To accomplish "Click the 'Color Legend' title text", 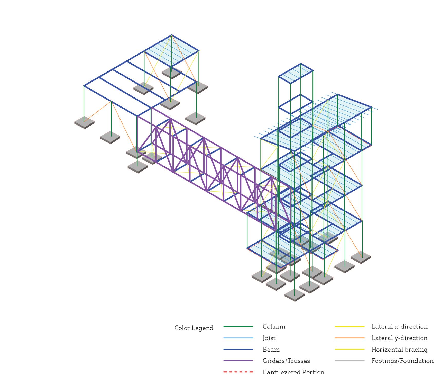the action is [x=194, y=328].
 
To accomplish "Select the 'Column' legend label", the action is [x=274, y=327].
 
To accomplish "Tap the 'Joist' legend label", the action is [x=269, y=338].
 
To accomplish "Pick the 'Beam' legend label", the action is [x=271, y=350].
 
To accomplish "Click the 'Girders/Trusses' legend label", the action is [x=286, y=361].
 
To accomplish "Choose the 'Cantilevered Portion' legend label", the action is [x=293, y=372].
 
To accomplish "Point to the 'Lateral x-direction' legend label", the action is [x=399, y=327].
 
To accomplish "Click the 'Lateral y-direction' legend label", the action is [x=399, y=338].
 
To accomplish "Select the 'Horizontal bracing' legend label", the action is [x=399, y=350].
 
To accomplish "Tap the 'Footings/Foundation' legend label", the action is [x=402, y=361].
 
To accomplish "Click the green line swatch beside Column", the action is [x=238, y=327].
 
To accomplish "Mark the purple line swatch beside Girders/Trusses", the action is [x=238, y=361].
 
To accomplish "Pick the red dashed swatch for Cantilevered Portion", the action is [x=238, y=372].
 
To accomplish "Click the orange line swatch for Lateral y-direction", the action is [x=349, y=338].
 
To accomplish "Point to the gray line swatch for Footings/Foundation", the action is [x=349, y=361].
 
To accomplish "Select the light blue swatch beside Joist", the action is [x=238, y=338].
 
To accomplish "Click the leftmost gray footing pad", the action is [x=84, y=122].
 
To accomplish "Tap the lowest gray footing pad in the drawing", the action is [x=294, y=295].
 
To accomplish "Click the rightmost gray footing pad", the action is [x=361, y=257].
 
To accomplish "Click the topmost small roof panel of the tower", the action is [x=296, y=73].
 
